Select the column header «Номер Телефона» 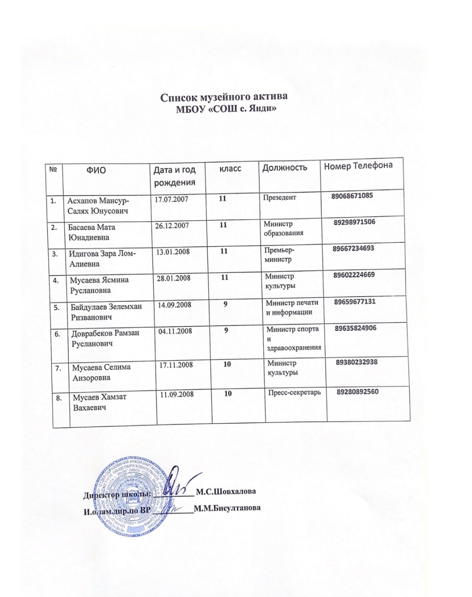point(358,166)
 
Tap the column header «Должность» point(284,167)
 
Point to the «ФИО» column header point(96,170)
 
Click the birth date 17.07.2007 point(172,200)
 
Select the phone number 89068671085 point(352,196)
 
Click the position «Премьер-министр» point(280,255)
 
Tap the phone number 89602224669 point(354,275)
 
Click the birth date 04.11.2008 point(175,331)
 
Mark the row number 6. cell point(58,334)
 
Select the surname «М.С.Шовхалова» point(226,492)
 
